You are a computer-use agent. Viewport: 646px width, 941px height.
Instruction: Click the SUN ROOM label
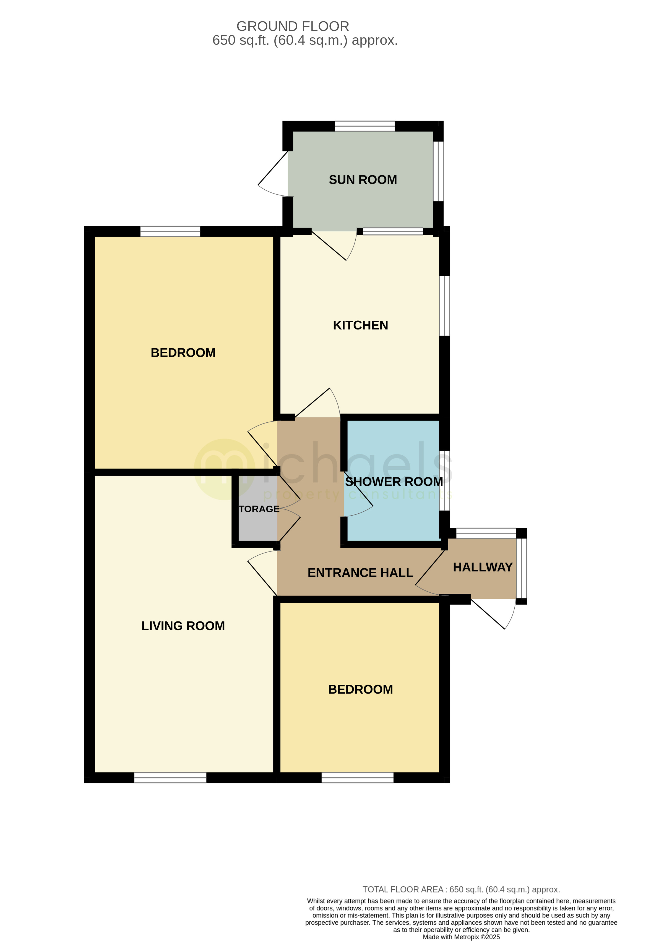pyautogui.click(x=363, y=180)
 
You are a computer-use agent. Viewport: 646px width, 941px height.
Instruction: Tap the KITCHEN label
pyautogui.click(x=360, y=325)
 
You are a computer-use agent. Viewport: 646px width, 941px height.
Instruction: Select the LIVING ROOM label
pyautogui.click(x=183, y=626)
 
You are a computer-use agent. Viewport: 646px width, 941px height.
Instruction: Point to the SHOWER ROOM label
pyautogui.click(x=394, y=482)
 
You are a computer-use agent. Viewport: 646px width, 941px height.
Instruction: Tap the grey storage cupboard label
pyautogui.click(x=259, y=509)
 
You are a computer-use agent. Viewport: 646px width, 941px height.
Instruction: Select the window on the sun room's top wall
pyautogui.click(x=364, y=126)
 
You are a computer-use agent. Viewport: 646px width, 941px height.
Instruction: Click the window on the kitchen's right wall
pyautogui.click(x=444, y=306)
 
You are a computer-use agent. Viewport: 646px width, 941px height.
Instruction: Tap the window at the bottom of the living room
pyautogui.click(x=170, y=777)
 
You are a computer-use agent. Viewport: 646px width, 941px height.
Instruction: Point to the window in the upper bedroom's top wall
pyautogui.click(x=170, y=231)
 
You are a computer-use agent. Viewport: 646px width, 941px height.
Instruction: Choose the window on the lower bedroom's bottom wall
pyautogui.click(x=357, y=777)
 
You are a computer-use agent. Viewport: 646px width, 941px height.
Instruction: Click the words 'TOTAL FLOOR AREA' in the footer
pyautogui.click(x=403, y=890)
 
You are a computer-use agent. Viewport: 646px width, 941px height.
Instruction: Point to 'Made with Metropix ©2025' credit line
pyautogui.click(x=461, y=937)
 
